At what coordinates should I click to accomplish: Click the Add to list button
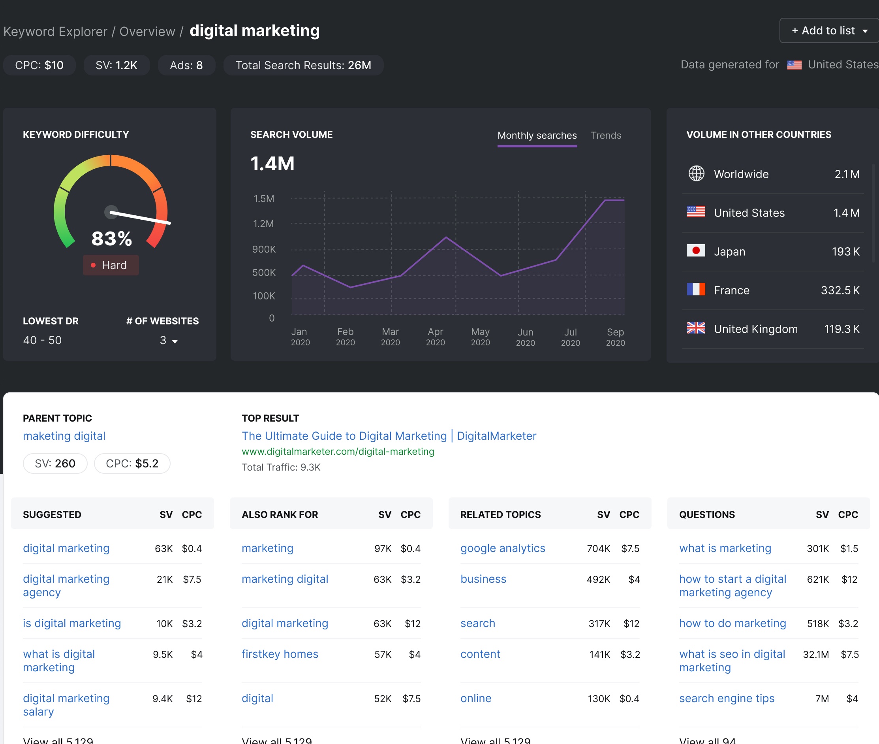(828, 31)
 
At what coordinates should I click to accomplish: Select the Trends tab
(606, 136)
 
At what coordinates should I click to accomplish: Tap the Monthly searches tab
(537, 136)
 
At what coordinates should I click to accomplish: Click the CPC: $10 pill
(39, 65)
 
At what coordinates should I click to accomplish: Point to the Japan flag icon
(696, 251)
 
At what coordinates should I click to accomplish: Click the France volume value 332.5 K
(840, 290)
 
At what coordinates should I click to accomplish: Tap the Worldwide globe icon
(696, 173)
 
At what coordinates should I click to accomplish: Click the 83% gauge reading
(112, 239)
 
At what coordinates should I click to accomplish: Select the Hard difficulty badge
(111, 265)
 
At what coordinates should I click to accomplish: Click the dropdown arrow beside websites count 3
(175, 341)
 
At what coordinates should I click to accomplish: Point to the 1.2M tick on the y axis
(263, 224)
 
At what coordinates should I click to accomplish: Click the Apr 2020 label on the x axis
(435, 337)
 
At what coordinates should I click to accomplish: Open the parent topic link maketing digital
(64, 436)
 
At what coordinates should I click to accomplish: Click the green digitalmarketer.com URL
(338, 451)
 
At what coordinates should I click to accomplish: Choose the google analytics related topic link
(503, 548)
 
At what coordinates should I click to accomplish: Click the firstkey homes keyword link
(280, 654)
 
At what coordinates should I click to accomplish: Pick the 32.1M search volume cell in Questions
(815, 654)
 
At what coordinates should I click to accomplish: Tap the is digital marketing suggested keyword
(71, 623)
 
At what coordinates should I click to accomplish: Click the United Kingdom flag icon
(696, 328)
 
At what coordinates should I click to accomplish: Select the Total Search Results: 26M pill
(303, 65)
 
